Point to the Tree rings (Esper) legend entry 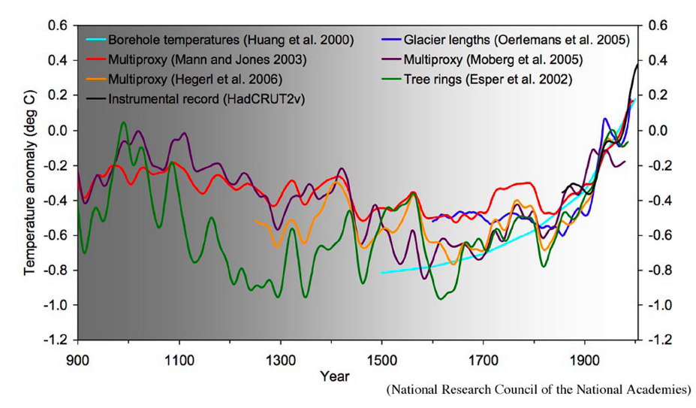point(487,78)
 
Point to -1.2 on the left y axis point(56,340)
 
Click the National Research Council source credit point(538,390)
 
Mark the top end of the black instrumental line point(637,65)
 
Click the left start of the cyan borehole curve point(382,272)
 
